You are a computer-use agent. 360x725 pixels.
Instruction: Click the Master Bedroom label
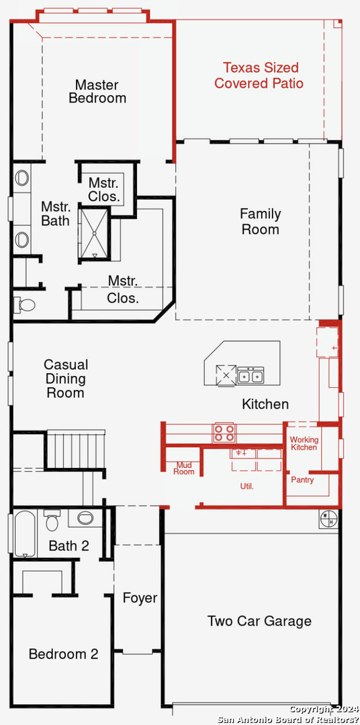[97, 91]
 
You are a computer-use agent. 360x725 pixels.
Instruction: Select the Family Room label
[261, 222]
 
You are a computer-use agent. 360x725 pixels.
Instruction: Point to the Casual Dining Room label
[65, 379]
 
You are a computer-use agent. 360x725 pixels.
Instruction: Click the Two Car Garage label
[259, 621]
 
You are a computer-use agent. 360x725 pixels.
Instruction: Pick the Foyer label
[140, 598]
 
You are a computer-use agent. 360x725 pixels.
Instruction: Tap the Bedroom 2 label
[63, 655]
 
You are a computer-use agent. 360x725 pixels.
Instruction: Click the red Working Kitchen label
[304, 444]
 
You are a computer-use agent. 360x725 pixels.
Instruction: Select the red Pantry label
[302, 480]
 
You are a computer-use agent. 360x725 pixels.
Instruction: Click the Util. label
[246, 487]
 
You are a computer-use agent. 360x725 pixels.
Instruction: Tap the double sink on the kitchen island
[251, 376]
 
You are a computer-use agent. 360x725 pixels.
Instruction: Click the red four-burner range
[224, 433]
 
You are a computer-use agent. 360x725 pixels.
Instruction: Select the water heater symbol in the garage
[328, 519]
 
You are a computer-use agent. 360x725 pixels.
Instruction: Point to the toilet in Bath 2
[52, 520]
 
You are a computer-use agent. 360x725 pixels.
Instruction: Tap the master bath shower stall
[94, 234]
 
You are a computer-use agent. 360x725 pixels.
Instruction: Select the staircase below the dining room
[77, 449]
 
